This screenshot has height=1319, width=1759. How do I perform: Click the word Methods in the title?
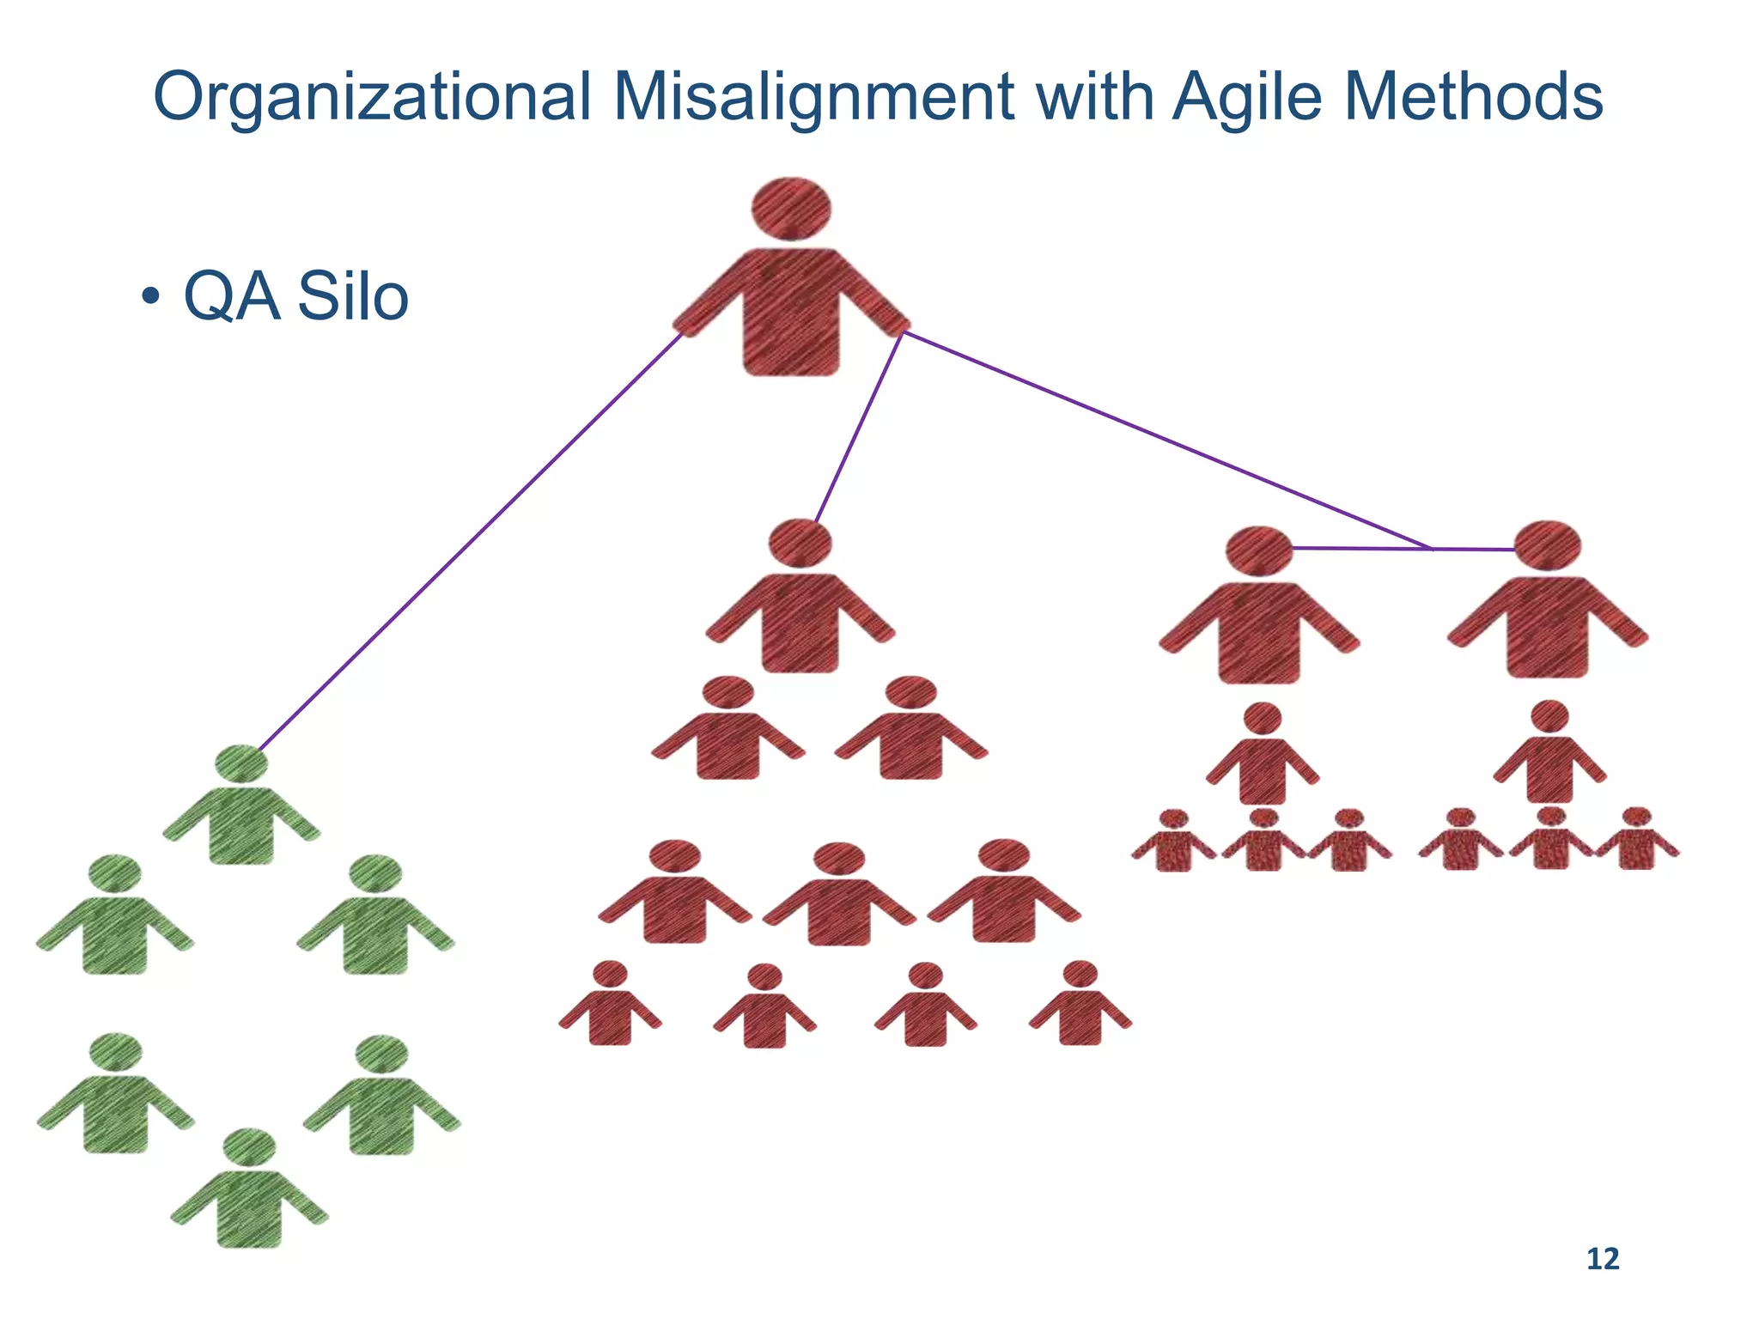click(x=1476, y=96)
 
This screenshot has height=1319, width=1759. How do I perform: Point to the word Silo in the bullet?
click(x=352, y=297)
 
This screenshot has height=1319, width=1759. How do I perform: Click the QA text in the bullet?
click(x=231, y=297)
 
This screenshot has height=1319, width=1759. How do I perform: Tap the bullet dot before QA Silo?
click(x=151, y=299)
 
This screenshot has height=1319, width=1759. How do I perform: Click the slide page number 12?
click(x=1602, y=1259)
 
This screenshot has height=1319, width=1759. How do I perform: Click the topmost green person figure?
click(x=241, y=807)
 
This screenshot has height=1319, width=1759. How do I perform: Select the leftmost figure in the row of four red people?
click(x=610, y=1005)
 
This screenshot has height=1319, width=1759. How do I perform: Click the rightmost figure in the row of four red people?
click(x=1080, y=1005)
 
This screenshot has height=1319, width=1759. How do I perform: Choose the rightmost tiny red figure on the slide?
click(x=1636, y=841)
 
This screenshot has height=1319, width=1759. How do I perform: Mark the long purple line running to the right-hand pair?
click(x=1159, y=437)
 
